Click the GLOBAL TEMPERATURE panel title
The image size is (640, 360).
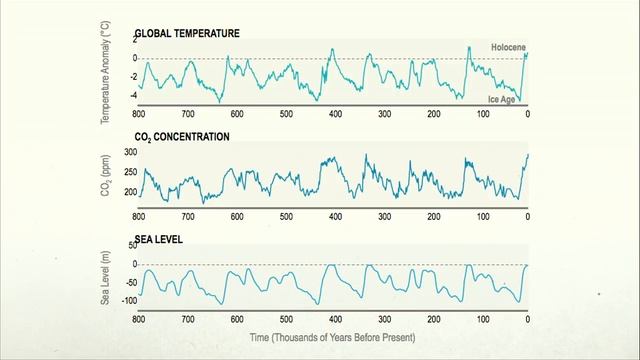pos(187,33)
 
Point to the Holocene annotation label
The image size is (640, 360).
pos(508,47)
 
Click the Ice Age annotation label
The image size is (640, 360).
pos(501,99)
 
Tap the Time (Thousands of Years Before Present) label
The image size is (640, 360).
pos(331,338)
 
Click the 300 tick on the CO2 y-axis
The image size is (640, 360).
pos(129,153)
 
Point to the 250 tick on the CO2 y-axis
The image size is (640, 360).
pos(129,172)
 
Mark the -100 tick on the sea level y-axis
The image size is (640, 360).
pos(127,301)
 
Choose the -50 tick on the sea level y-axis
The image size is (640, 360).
pos(129,282)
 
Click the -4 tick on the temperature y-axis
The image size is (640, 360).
pos(132,96)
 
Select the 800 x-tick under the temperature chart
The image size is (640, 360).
pos(138,114)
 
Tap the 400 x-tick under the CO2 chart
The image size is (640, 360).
pos(334,217)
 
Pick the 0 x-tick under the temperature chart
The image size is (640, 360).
pos(528,114)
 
